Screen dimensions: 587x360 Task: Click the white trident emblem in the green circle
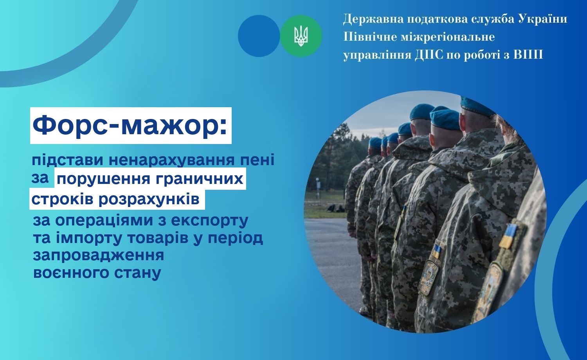[x=301, y=36]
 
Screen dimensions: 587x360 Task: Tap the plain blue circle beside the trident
[x=259, y=36]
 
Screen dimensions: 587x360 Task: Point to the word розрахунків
[x=149, y=200]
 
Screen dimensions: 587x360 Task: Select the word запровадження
[x=99, y=256]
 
